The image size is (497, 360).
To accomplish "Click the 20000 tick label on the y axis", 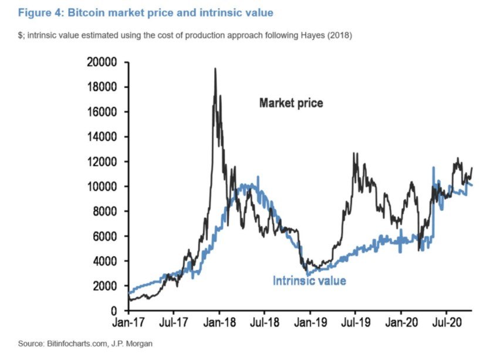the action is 102,62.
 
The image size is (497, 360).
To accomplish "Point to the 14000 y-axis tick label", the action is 102,137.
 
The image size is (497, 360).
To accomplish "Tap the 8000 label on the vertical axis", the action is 104,211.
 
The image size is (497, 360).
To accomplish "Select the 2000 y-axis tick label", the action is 104,286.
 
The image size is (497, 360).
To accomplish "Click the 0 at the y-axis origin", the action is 114,311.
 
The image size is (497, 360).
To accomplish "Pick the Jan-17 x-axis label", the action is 129,322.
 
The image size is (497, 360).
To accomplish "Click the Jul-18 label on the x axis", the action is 265,322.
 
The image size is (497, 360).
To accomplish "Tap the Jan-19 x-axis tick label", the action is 310,322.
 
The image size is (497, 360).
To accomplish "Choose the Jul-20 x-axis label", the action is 447,322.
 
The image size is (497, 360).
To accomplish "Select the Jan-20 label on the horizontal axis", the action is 401,322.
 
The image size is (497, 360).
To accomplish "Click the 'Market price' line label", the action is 291,103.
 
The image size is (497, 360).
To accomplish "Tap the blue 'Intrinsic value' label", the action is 309,281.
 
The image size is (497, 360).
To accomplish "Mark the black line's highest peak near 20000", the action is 215,69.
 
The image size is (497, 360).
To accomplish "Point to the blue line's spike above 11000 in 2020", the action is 434,167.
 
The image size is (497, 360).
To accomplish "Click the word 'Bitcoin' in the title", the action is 86,13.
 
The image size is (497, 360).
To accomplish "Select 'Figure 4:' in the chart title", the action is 41,13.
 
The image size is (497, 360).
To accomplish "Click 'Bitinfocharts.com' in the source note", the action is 77,344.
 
